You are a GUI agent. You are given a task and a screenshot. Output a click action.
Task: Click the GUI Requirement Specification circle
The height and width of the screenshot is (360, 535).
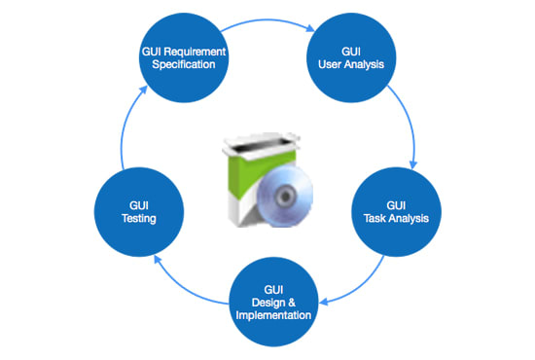tap(184, 57)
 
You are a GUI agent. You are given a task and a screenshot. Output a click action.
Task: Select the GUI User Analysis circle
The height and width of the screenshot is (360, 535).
tap(351, 57)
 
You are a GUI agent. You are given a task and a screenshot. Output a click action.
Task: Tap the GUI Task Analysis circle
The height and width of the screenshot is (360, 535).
tap(396, 212)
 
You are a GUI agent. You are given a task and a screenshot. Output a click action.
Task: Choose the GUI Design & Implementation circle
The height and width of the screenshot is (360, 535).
tap(273, 302)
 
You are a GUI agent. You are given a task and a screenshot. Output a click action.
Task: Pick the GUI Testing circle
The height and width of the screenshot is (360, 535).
tap(139, 212)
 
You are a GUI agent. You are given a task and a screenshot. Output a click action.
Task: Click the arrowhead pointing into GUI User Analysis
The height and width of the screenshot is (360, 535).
tap(310, 28)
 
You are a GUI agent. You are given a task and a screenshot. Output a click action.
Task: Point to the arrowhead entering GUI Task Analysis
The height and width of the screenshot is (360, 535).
tap(413, 164)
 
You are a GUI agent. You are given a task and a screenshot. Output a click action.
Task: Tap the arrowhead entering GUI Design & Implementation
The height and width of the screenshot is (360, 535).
tap(324, 302)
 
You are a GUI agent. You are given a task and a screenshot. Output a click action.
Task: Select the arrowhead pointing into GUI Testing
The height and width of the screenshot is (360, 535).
tap(158, 259)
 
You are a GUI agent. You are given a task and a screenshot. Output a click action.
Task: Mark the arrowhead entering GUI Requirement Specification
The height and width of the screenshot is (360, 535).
tap(143, 90)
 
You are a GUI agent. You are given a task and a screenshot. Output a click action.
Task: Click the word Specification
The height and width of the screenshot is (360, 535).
tap(184, 64)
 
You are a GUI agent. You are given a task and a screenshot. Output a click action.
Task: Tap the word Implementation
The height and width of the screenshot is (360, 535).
tap(273, 315)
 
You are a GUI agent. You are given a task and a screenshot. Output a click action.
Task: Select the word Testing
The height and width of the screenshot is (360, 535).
tap(139, 218)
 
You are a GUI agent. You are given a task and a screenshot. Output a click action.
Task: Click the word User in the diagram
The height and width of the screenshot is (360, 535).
tap(330, 64)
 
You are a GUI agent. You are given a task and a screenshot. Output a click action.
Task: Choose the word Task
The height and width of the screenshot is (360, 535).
tap(374, 218)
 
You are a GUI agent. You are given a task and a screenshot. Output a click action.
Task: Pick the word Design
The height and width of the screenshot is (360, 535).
tap(268, 303)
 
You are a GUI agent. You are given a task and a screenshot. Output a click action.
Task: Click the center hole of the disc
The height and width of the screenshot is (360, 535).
tap(285, 197)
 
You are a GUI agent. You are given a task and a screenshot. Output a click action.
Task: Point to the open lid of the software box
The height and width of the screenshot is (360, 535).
tap(262, 145)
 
